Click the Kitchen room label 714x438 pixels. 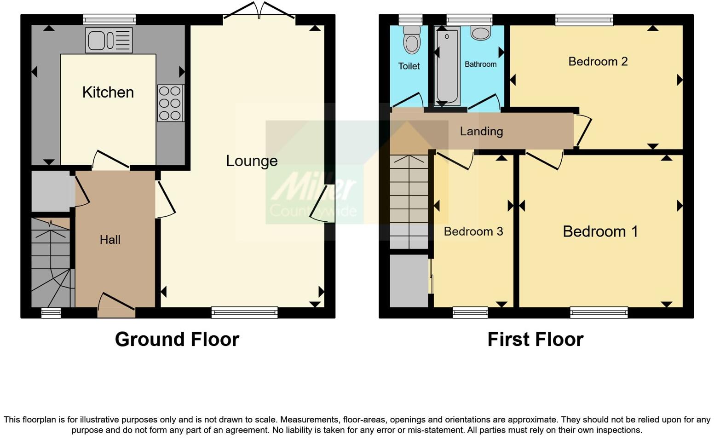tap(108, 92)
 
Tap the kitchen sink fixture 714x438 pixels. tap(109, 40)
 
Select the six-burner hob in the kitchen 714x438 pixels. tap(170, 103)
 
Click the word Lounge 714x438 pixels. tap(252, 161)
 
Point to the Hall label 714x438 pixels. tap(110, 240)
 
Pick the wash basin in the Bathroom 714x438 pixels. tap(481, 33)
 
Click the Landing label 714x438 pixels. tap(481, 132)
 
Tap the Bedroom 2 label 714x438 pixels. tap(598, 62)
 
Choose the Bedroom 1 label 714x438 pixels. tap(600, 231)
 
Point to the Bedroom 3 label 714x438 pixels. tap(473, 231)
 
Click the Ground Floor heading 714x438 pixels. tap(177, 340)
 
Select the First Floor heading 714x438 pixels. tap(535, 340)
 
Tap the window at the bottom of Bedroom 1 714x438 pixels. tap(599, 313)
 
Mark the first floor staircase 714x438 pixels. tap(409, 202)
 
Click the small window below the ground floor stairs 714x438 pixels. tap(51, 313)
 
